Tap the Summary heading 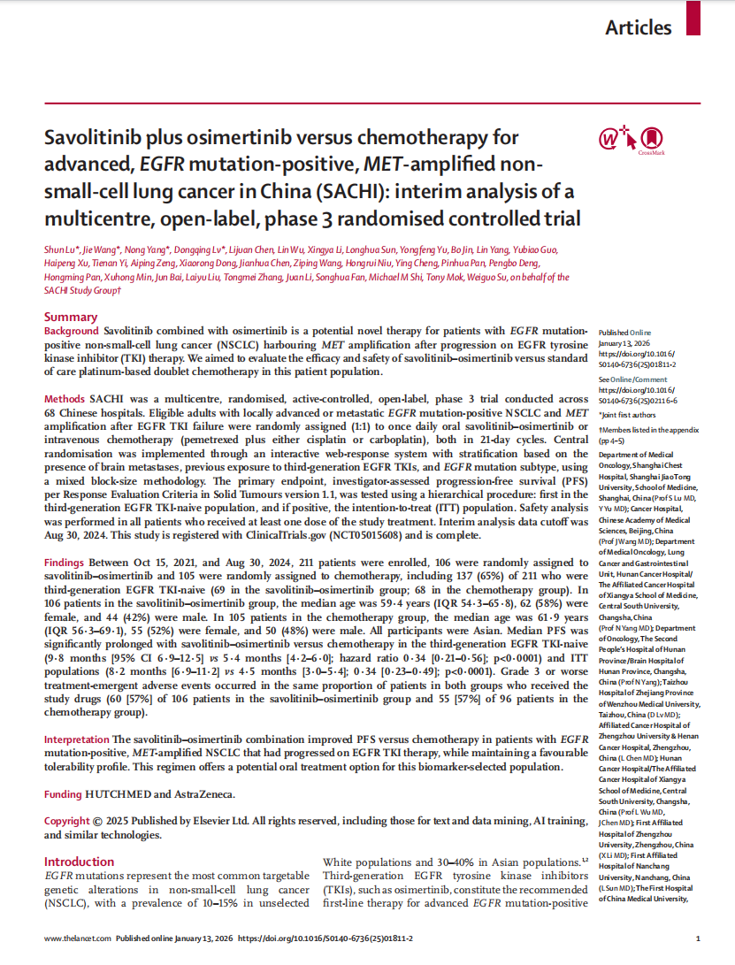click(71, 317)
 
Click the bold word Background click(73, 330)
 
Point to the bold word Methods click(65, 400)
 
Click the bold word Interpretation click(77, 739)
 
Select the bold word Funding click(64, 794)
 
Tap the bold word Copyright click(67, 821)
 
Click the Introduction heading click(79, 862)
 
